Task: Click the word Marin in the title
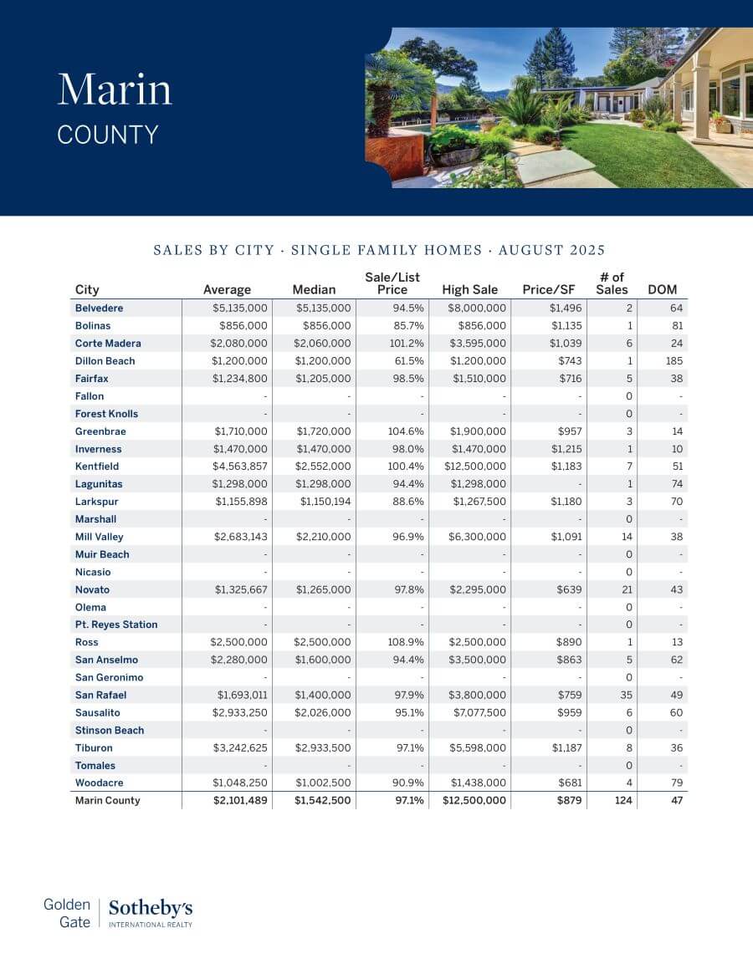pos(115,89)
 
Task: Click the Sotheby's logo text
pos(151,908)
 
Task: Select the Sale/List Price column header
pos(392,283)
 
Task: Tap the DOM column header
pos(663,290)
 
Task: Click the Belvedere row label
pos(98,309)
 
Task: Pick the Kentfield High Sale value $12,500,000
pos(474,467)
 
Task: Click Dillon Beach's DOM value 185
pos(674,361)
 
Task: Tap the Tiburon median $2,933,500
pos(324,747)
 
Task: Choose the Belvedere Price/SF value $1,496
pos(566,309)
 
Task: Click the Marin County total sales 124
pos(623,800)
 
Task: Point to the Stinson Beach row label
pos(110,730)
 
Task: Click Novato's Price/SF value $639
pos(571,589)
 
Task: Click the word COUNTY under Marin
pos(108,135)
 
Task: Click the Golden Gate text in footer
pos(67,913)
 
